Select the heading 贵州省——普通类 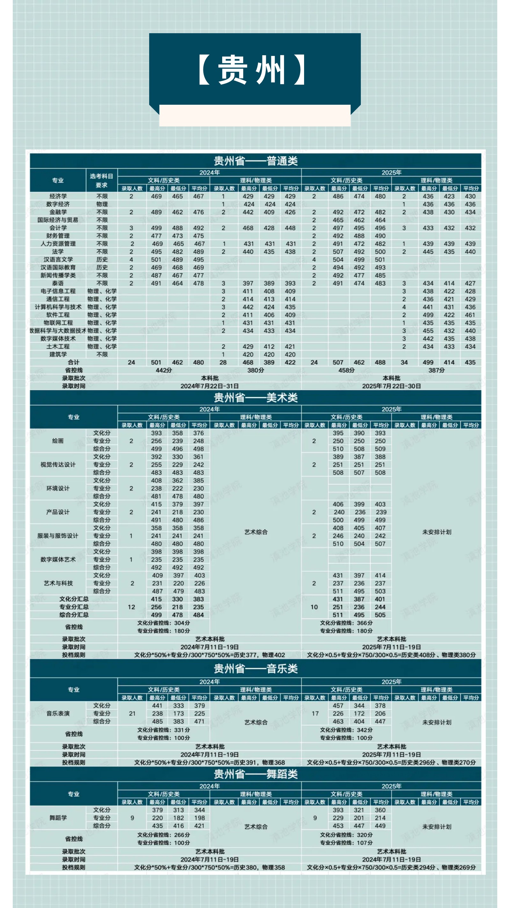(x=256, y=161)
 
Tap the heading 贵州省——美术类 (x=256, y=397)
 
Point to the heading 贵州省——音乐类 (x=256, y=669)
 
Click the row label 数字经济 (x=58, y=204)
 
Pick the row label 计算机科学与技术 (x=58, y=307)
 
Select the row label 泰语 (x=58, y=283)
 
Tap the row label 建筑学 (x=58, y=354)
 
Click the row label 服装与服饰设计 (x=58, y=536)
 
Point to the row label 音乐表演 (x=58, y=714)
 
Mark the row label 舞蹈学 (x=58, y=818)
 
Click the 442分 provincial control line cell (x=164, y=370)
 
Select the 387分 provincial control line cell (x=436, y=370)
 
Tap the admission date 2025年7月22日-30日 (x=391, y=386)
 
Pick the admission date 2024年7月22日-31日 (x=209, y=386)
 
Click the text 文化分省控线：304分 (x=163, y=623)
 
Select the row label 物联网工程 (x=58, y=323)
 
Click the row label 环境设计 (x=58, y=488)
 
